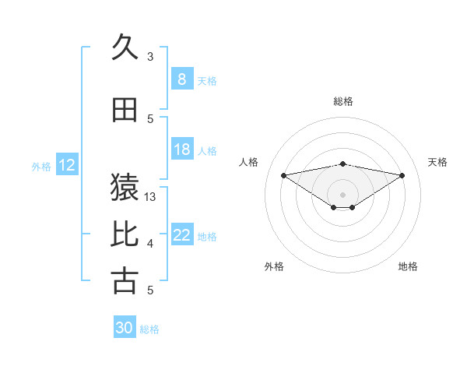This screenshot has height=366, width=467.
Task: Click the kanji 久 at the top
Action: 125,48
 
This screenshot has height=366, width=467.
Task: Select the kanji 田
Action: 125,111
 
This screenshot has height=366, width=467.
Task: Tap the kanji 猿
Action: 125,185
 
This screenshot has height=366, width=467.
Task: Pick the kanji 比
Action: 125,233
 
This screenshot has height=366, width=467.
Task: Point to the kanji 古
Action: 125,280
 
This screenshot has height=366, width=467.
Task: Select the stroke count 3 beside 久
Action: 150,56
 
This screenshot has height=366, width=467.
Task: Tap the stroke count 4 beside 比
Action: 150,244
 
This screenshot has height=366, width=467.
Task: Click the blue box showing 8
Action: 182,79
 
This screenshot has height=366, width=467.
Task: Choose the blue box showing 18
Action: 182,150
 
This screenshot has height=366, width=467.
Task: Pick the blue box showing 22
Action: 182,235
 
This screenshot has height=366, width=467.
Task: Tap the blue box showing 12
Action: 66,165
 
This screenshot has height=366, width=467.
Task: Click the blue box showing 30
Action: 125,328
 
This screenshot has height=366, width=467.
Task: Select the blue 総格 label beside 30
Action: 149,329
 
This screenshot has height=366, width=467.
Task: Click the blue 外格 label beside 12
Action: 41,166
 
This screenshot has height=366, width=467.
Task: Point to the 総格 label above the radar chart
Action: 342,101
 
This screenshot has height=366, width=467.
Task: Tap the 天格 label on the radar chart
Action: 437,162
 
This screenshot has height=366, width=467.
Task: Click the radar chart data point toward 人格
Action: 283,174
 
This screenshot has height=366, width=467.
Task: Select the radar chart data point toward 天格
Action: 402,175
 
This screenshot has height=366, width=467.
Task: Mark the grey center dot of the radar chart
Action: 342,194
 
